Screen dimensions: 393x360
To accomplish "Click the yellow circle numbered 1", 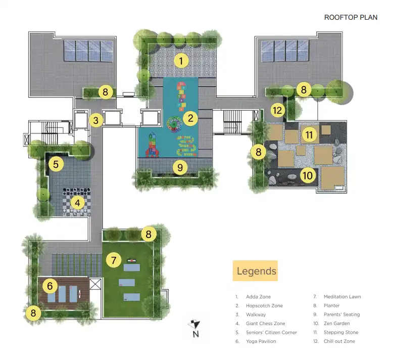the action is [x=181, y=61].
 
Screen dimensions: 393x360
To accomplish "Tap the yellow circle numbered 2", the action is [x=190, y=118].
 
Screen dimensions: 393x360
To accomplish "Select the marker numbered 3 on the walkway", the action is [x=96, y=120].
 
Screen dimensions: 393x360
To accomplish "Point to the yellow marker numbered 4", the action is [x=77, y=203].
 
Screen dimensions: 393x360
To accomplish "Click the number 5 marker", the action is [x=56, y=164].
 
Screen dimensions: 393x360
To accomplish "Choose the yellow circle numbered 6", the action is [x=50, y=286].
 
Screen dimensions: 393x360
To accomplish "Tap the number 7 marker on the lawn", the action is [x=114, y=260].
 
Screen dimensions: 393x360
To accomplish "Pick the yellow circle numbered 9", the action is [x=180, y=167].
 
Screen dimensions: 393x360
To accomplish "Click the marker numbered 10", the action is [x=308, y=175].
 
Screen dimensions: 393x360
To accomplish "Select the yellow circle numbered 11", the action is [x=309, y=134].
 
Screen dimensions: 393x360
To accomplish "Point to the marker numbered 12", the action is [x=277, y=110].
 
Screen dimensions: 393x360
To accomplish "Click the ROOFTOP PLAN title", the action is [x=351, y=17].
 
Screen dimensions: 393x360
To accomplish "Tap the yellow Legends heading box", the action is [x=255, y=271].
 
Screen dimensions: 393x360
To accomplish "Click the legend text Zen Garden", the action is [x=336, y=324].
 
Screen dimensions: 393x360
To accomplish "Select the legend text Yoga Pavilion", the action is [x=261, y=341].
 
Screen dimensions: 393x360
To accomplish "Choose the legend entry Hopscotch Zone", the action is [x=264, y=305].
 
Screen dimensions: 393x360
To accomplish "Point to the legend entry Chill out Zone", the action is [x=339, y=341].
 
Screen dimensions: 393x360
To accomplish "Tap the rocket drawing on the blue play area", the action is [x=152, y=146].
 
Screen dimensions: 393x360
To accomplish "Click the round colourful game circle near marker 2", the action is [x=174, y=123].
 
